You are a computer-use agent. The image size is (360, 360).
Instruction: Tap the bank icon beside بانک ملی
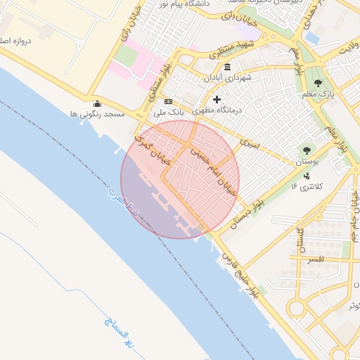[168, 101]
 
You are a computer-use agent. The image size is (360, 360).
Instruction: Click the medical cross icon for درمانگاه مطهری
[217, 100]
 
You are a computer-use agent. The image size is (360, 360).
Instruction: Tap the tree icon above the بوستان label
[306, 150]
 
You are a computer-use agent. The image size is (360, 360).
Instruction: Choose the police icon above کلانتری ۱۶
[307, 176]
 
